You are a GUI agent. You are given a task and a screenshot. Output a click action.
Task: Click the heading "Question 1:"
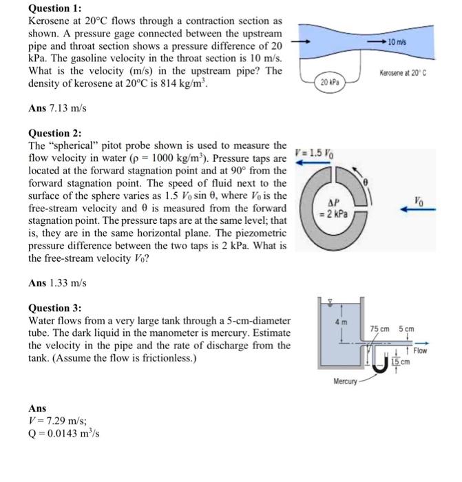(x=54, y=9)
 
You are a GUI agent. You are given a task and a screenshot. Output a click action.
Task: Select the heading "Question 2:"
(x=54, y=133)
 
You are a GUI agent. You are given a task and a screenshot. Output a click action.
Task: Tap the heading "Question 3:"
(x=54, y=308)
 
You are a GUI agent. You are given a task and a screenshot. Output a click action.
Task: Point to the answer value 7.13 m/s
(x=68, y=108)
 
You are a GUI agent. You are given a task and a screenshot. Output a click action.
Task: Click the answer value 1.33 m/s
(x=68, y=283)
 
